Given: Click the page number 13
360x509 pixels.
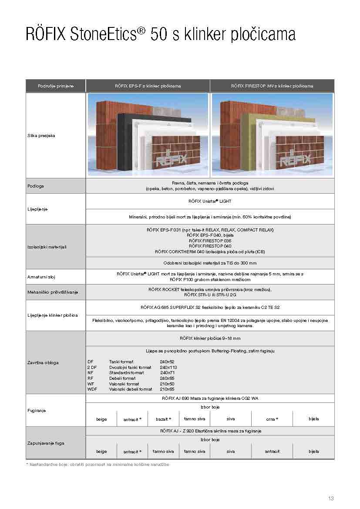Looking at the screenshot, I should click(331, 498).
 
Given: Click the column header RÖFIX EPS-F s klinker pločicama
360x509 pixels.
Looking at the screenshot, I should click(148, 86).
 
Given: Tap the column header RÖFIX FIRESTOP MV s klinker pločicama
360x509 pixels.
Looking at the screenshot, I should click(272, 86).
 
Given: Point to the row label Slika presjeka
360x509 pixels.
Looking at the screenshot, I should click(41, 136).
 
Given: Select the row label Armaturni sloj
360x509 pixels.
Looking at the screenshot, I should click(41, 277).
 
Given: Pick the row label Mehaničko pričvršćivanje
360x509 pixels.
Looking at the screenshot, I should click(52, 292).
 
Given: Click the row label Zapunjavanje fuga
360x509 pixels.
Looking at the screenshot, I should click(45, 443).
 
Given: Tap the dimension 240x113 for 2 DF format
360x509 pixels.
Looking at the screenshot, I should click(168, 367).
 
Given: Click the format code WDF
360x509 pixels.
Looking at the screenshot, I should click(92, 389).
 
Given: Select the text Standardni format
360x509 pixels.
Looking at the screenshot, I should click(126, 373).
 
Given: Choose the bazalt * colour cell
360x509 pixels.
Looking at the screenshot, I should click(163, 419).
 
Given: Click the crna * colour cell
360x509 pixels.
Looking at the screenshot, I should click(272, 419).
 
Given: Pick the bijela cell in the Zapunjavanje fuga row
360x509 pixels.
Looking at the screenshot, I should click(313, 452).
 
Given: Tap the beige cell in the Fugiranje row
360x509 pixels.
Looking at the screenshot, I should click(101, 419).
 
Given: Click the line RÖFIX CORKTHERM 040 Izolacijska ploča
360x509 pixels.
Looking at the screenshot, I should click(210, 252).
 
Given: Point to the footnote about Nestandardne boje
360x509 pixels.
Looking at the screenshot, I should click(98, 465).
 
